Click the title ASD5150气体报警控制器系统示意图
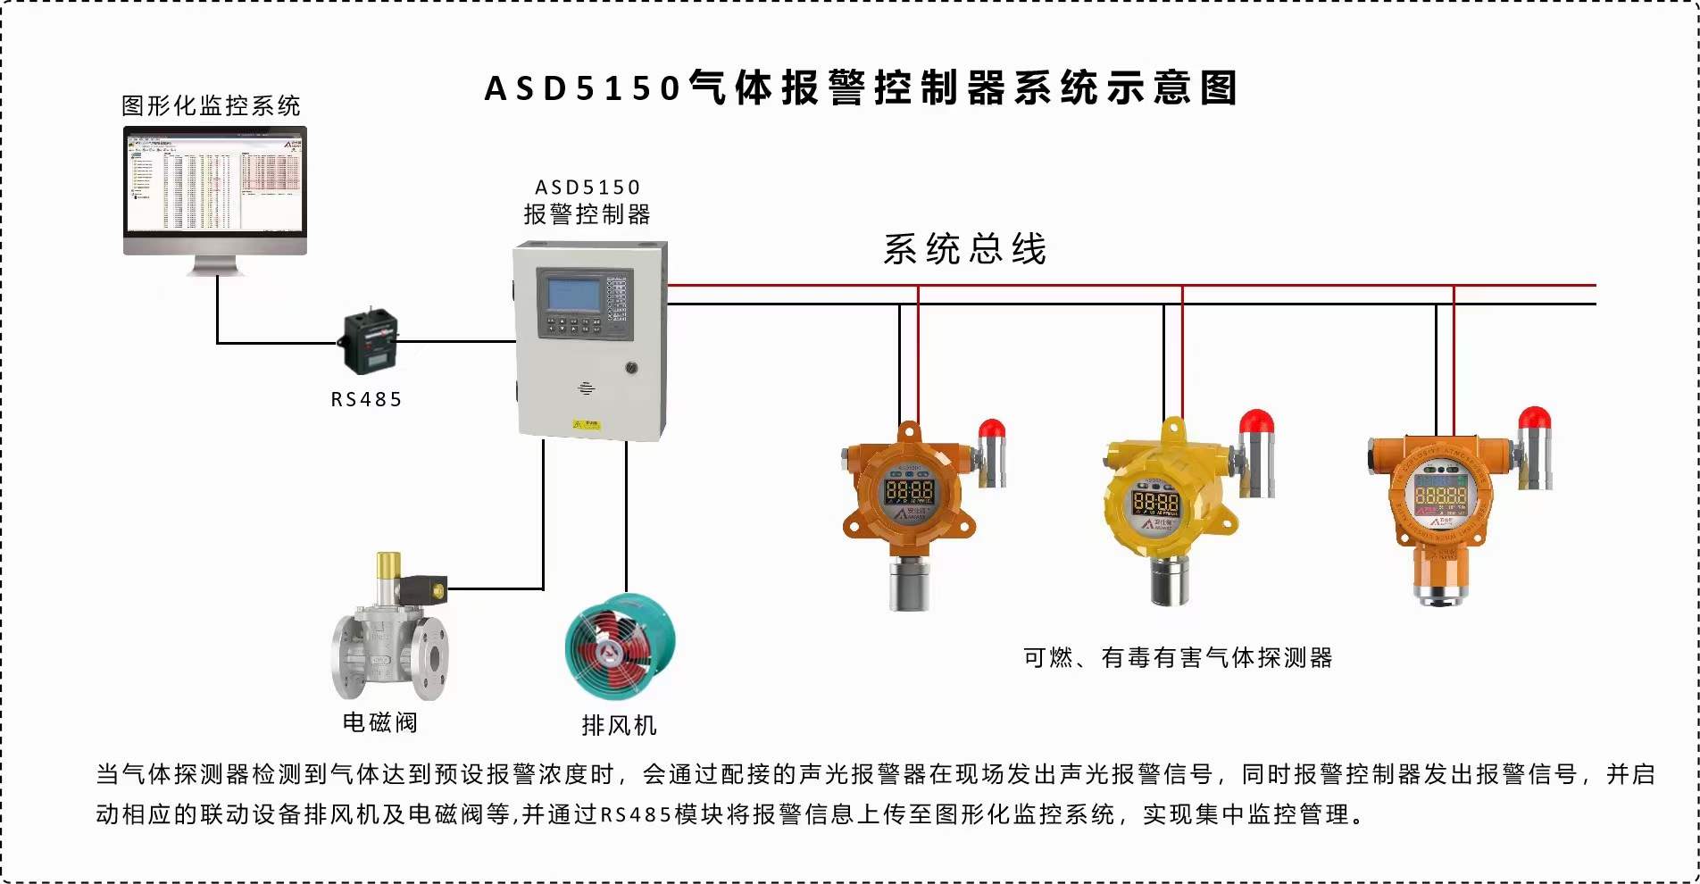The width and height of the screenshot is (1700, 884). (861, 88)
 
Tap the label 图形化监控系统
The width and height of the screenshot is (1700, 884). (211, 105)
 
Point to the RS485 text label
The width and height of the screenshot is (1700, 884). (366, 399)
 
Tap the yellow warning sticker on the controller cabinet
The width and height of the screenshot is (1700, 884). (586, 424)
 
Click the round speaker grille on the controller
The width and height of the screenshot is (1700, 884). (587, 388)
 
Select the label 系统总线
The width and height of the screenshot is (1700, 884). (964, 249)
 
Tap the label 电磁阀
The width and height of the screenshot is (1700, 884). (379, 721)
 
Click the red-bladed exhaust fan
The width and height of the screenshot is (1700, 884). (619, 647)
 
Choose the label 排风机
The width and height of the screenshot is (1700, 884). (619, 725)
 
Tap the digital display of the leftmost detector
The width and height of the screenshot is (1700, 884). (908, 490)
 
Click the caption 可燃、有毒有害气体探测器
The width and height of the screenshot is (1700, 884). (1178, 658)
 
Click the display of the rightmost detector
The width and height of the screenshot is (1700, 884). (1440, 493)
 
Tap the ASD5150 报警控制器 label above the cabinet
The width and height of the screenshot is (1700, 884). (587, 202)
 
